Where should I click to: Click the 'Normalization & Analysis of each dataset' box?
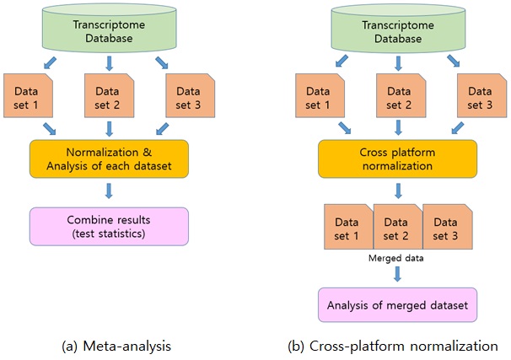109,159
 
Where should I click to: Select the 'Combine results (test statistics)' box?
109,227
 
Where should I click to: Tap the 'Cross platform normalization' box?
398,159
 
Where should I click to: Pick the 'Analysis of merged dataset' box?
398,305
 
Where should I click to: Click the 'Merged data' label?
396,258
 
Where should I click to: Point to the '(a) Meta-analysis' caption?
116,346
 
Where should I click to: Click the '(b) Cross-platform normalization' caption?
393,346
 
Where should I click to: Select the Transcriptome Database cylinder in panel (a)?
109,29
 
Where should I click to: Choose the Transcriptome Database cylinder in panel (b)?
398,29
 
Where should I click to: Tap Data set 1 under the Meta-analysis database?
28,95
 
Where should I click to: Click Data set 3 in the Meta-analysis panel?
191,95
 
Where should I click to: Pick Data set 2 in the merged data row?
398,227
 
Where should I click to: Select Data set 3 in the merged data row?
448,227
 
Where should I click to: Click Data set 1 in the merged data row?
349,227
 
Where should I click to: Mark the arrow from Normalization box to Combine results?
109,191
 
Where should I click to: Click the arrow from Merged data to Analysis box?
397,274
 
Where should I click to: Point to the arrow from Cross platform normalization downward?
398,191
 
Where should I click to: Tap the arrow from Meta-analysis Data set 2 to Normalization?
109,129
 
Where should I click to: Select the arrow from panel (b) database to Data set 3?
454,61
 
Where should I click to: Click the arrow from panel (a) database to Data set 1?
50,63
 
